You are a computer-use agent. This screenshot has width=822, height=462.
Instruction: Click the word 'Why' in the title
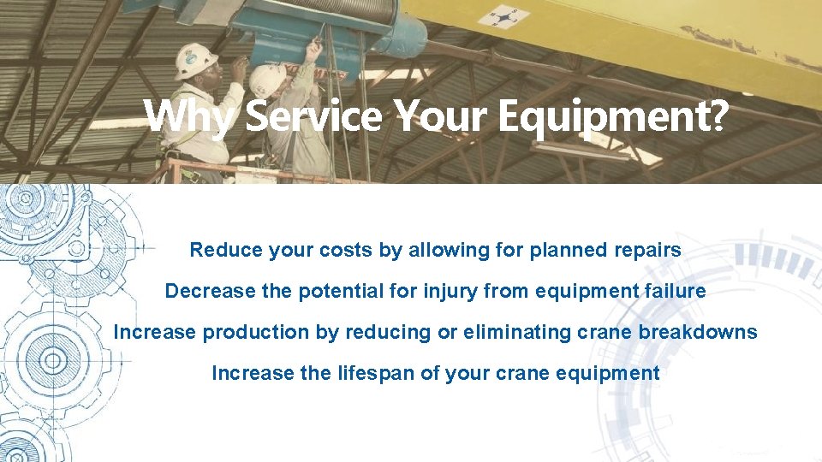click(x=187, y=116)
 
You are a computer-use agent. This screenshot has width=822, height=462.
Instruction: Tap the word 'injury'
click(x=451, y=291)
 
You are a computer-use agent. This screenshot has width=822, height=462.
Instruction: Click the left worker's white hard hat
click(x=194, y=60)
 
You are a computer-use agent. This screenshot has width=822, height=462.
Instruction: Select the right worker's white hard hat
click(x=267, y=79)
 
